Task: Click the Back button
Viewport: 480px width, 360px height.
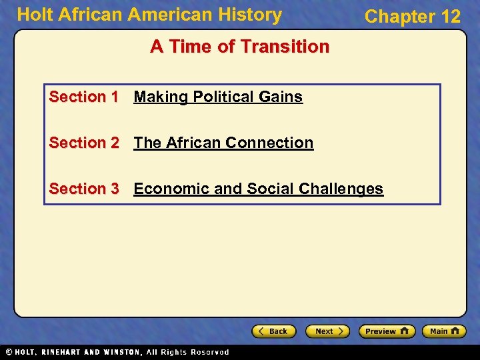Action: click(274, 331)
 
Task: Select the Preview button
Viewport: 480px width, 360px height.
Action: click(387, 331)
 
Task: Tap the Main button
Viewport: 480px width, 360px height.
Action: click(445, 331)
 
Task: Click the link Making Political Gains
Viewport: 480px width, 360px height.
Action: click(218, 97)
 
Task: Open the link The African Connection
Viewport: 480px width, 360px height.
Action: click(223, 143)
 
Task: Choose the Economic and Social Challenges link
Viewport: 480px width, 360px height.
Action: click(258, 189)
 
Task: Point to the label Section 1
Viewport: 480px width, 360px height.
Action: click(83, 97)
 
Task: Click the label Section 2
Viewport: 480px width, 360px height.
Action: click(83, 143)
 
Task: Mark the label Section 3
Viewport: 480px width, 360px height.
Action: click(83, 189)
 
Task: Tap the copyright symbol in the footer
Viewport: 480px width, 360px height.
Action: click(8, 352)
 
